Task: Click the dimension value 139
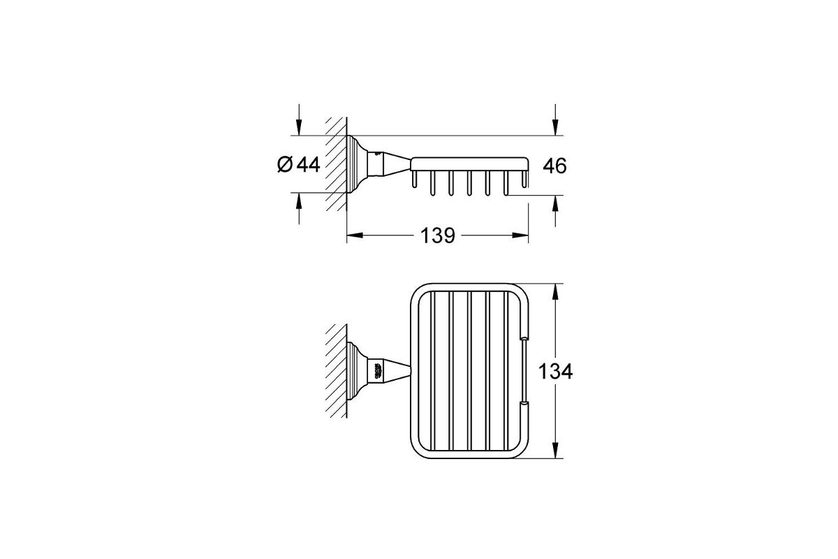point(438,235)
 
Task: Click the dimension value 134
point(555,372)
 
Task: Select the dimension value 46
point(554,166)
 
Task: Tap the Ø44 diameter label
point(299,164)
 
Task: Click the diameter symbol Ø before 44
point(285,164)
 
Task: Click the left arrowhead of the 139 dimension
point(355,235)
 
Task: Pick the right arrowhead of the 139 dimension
point(520,235)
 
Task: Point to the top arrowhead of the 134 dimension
point(555,291)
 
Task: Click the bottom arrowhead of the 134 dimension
point(555,451)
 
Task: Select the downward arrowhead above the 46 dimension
point(555,127)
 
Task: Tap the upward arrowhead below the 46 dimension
point(555,203)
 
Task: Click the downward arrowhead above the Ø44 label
point(299,127)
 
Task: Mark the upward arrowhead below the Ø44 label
point(299,201)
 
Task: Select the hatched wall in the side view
point(336,164)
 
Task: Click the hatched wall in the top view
point(336,371)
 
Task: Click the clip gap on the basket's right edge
point(525,370)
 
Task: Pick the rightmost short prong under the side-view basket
point(525,179)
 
